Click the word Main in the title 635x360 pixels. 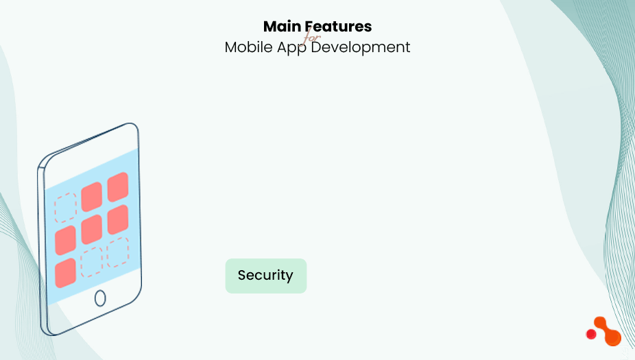point(283,27)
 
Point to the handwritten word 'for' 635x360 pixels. point(312,37)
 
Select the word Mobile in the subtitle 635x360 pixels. point(247,47)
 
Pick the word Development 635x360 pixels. point(361,47)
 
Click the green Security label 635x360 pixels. point(266,276)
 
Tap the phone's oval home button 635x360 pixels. point(100,298)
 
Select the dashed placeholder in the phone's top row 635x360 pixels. point(66,208)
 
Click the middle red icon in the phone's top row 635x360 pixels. point(91,197)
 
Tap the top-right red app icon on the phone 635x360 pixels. point(117,186)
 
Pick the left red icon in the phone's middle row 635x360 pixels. point(66,240)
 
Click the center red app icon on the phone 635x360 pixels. point(92,229)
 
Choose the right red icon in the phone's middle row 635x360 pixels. point(117,219)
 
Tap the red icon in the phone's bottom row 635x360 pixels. point(65,272)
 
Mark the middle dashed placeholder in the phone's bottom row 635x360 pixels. point(91,262)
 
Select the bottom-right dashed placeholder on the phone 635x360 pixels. point(117,251)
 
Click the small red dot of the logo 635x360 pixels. point(591,334)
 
